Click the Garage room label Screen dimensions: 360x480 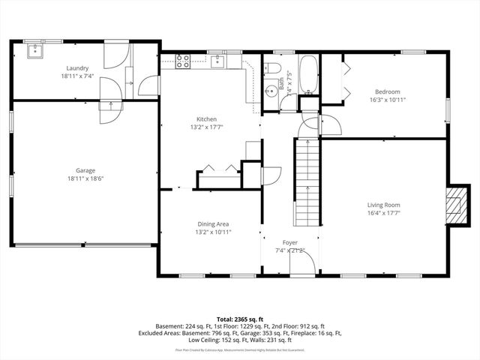[x=85, y=170]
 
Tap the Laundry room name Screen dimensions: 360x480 [x=77, y=67]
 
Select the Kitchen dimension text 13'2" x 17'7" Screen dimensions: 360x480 [x=206, y=127]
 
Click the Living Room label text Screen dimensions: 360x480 [x=383, y=205]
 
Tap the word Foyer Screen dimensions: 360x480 [x=289, y=242]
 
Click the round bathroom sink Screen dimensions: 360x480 [x=270, y=93]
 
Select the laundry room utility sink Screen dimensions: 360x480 [x=34, y=51]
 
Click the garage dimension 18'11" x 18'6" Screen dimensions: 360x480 [x=85, y=178]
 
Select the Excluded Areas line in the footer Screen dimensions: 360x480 [x=239, y=333]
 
